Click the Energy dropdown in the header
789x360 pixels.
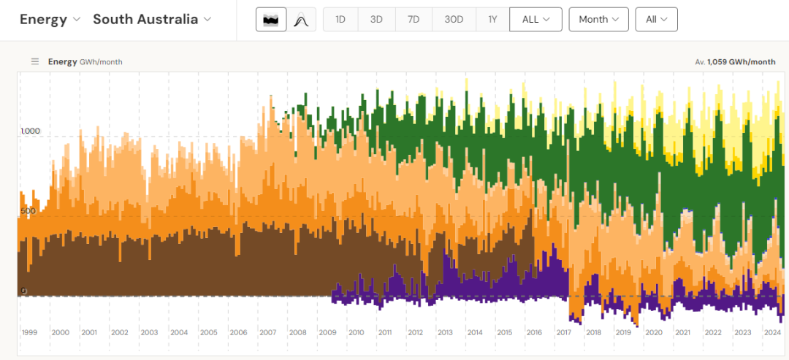[x=50, y=20]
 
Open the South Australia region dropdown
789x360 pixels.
[x=152, y=20]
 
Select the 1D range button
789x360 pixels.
[x=340, y=20]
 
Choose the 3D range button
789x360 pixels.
[x=376, y=20]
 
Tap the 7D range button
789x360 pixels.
[x=413, y=20]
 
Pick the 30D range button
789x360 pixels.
[x=454, y=20]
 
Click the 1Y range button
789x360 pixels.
[x=492, y=20]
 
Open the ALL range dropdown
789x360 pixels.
[x=535, y=20]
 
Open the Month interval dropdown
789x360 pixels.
[x=598, y=20]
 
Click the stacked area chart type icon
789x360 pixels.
[x=271, y=20]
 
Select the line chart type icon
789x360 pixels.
[x=300, y=20]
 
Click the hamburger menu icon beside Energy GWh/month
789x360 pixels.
[x=34, y=62]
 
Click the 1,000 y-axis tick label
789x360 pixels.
[x=31, y=131]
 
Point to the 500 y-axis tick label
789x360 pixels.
[x=28, y=211]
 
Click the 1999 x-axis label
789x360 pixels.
[x=29, y=332]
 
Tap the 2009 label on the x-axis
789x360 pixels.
[x=328, y=332]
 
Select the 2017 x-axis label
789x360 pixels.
[x=563, y=332]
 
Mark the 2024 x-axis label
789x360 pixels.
[x=773, y=332]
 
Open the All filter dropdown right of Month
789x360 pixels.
[x=656, y=20]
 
